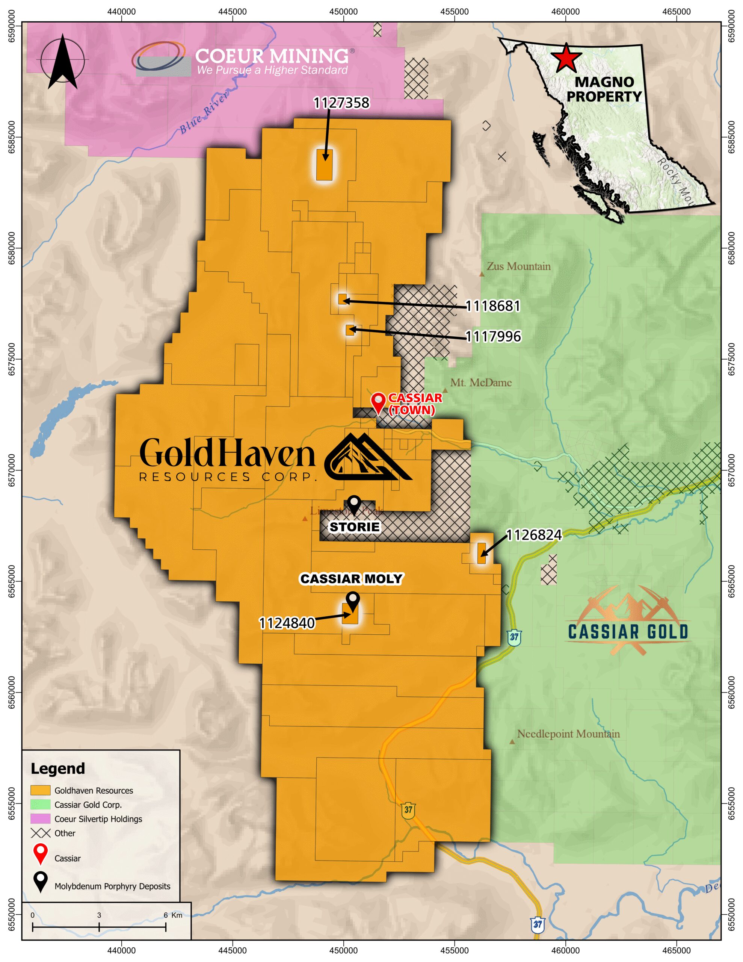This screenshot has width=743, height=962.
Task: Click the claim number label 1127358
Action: click(341, 103)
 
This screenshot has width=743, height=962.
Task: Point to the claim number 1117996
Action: click(493, 337)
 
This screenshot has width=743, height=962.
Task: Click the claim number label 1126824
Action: click(534, 535)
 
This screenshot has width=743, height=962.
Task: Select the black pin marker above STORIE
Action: click(354, 505)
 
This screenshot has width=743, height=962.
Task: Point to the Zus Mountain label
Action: click(518, 266)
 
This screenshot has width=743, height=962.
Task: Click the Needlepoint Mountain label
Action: click(568, 734)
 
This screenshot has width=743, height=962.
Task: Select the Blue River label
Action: click(204, 112)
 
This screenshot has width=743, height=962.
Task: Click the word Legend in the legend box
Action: click(58, 768)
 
